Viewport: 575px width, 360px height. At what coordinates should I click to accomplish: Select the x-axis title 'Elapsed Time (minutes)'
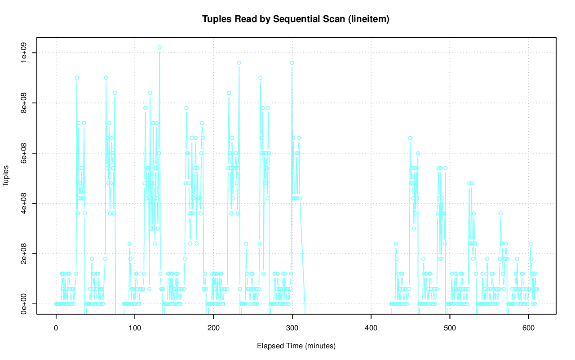pos(296,346)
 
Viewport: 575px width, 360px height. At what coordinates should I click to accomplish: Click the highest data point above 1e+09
pos(159,48)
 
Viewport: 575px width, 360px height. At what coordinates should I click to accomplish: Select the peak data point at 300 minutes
pos(292,63)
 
